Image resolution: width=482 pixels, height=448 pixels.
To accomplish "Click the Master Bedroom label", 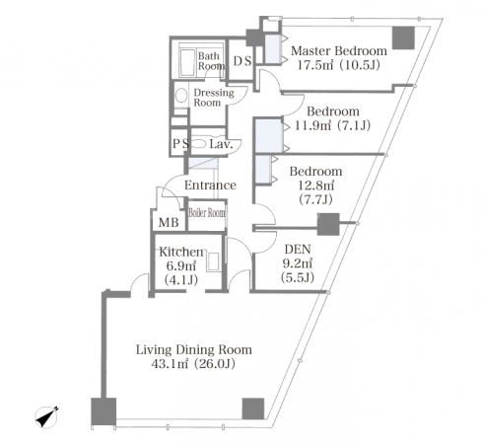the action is click(x=339, y=51).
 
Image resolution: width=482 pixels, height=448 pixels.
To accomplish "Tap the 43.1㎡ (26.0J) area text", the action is click(x=193, y=364).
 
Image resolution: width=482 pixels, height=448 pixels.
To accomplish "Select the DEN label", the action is click(x=298, y=249).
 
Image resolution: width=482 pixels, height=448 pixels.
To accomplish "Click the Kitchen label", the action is click(x=181, y=252).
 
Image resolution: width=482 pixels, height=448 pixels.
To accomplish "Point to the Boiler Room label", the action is click(x=207, y=213).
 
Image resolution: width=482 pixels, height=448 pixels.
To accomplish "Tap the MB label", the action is click(x=169, y=223).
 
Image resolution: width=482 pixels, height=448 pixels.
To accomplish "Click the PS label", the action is click(x=181, y=143).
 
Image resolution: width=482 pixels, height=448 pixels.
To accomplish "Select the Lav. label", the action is click(x=221, y=144).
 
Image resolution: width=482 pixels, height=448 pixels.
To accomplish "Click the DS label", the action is click(x=242, y=61).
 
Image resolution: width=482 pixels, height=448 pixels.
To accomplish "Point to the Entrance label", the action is click(x=210, y=185).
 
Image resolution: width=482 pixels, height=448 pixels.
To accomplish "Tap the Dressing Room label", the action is click(x=214, y=98).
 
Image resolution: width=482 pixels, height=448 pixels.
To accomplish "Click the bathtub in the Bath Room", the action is click(x=187, y=63).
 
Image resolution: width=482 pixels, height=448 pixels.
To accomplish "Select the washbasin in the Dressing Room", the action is click(x=181, y=96).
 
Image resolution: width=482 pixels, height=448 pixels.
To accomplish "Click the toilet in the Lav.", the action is click(x=198, y=144).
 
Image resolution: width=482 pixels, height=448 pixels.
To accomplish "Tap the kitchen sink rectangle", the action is click(x=214, y=261).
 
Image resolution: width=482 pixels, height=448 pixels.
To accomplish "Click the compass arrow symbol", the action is click(x=46, y=417).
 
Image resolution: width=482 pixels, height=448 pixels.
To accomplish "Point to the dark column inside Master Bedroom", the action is click(x=403, y=37).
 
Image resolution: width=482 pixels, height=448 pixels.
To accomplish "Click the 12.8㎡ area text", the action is click(x=316, y=186).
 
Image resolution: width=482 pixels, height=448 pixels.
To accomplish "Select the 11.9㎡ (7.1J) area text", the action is click(x=332, y=125).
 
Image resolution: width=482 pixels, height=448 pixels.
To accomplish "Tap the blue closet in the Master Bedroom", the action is click(x=272, y=48).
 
